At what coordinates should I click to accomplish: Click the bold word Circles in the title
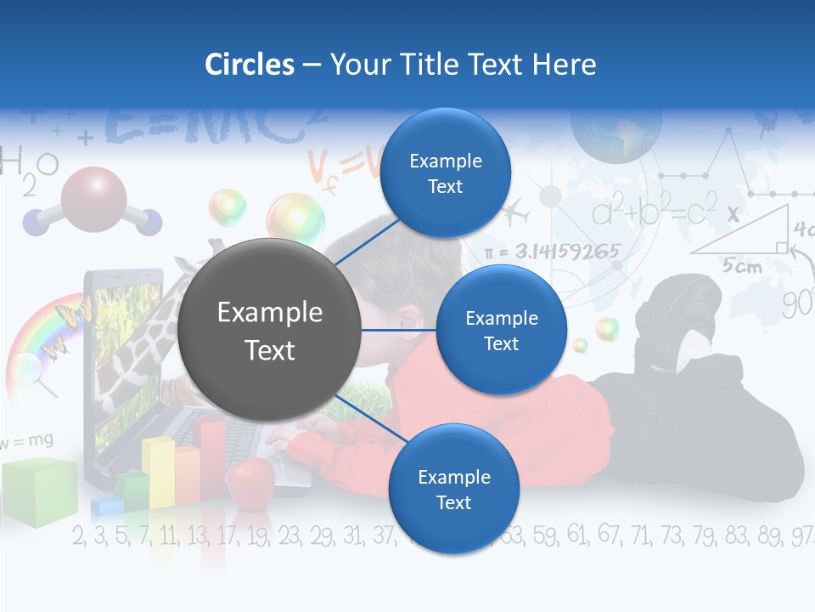pos(250,65)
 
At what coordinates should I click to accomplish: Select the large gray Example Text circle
pos(270,331)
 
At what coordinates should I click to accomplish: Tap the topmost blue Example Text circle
pos(446,173)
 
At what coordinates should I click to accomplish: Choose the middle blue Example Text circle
pos(501,330)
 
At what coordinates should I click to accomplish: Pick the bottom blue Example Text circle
pos(453,489)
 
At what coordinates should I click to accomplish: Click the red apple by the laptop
pos(252,480)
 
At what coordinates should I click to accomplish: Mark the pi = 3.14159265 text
pos(552,252)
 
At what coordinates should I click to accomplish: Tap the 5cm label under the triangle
pos(742,266)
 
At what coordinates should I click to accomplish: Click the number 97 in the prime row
pos(801,536)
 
